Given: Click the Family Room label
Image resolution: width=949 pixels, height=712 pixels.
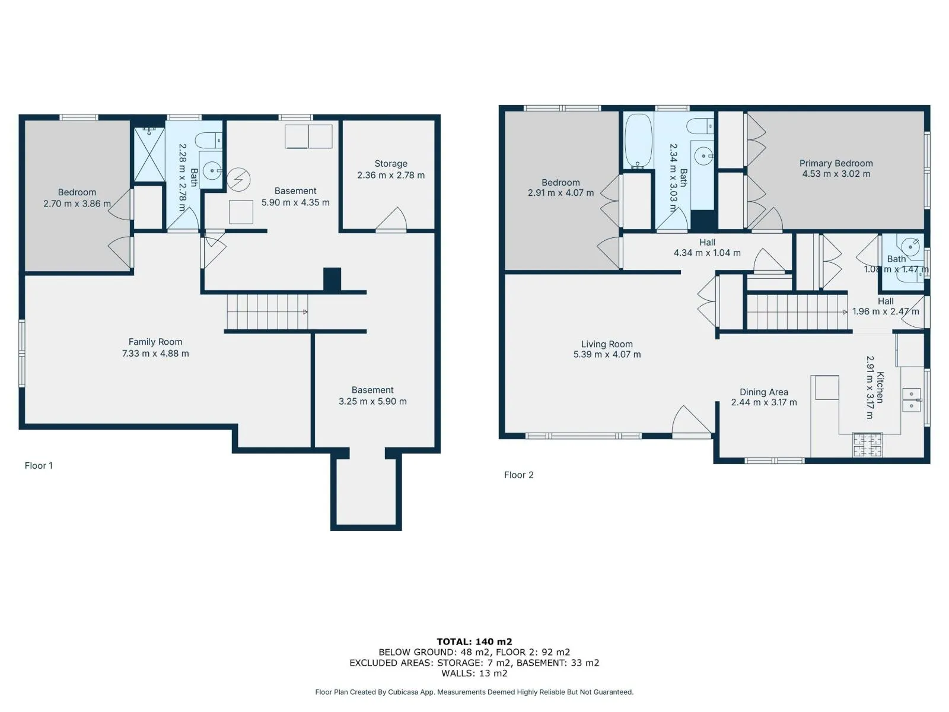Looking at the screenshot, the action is [155, 342].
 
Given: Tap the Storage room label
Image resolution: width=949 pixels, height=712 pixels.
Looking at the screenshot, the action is [391, 164].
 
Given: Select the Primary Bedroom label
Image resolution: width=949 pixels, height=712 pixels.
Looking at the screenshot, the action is [836, 163].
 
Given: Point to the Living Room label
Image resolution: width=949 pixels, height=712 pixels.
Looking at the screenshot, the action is [607, 345].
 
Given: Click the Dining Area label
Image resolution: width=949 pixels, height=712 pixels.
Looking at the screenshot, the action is [763, 392].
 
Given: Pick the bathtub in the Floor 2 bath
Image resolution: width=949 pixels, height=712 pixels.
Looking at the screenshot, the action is [638, 141].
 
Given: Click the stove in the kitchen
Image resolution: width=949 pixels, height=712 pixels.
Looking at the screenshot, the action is [867, 444].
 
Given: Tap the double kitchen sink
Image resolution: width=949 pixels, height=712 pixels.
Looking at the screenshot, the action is [912, 400].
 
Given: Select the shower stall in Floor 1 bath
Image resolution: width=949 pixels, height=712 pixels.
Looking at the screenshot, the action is [149, 154].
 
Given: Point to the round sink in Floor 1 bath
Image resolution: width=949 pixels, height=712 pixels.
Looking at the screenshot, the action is [212, 170].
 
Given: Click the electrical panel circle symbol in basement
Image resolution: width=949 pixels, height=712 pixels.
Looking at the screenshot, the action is [238, 179].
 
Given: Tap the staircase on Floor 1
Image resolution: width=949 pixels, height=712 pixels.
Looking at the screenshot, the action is [267, 311].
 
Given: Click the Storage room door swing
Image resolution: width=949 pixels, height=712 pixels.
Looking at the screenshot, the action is [391, 219].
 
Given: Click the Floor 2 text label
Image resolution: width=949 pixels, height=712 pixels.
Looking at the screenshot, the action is [518, 475].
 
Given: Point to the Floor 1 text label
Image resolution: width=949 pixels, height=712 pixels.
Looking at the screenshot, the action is [39, 466].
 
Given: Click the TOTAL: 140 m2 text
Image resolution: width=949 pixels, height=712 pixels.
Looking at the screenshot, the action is [474, 641].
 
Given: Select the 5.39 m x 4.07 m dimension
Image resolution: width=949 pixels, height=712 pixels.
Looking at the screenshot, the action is [607, 354].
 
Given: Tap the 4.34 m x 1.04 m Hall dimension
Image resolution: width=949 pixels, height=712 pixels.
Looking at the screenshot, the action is [707, 253].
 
